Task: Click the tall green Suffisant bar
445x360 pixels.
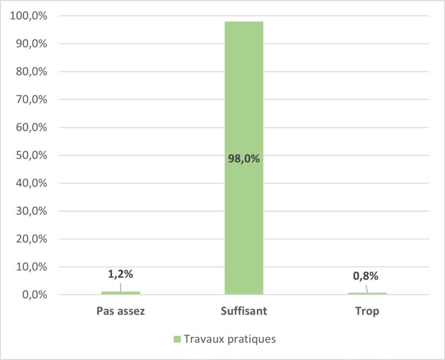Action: click(244, 109)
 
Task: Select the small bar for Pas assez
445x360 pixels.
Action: click(120, 293)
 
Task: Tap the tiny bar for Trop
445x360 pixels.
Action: click(367, 294)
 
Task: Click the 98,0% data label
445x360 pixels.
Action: click(244, 159)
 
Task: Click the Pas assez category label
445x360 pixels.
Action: click(120, 311)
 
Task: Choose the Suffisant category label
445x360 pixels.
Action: click(244, 311)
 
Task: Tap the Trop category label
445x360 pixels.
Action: click(367, 311)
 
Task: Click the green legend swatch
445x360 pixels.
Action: click(177, 339)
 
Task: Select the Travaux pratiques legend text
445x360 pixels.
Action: click(230, 339)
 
